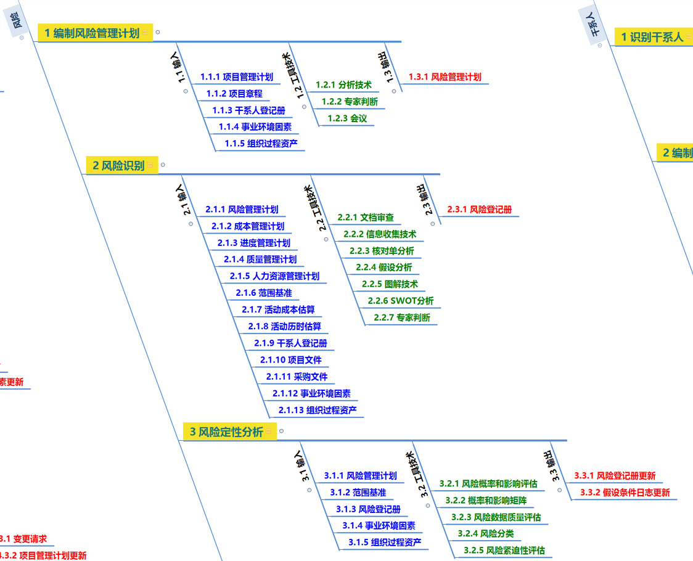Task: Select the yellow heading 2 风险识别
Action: click(118, 165)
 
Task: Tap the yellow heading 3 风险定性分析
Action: click(226, 432)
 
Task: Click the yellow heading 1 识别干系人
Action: click(652, 37)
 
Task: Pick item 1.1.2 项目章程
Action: click(234, 94)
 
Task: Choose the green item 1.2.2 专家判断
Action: click(350, 101)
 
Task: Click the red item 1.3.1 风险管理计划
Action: click(445, 77)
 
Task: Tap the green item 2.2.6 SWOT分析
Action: click(401, 301)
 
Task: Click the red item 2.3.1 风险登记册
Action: click(479, 210)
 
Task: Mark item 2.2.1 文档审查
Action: click(366, 218)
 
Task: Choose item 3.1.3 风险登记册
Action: click(368, 509)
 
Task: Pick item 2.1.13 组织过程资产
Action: click(318, 410)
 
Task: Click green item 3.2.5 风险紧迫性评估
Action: click(504, 551)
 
